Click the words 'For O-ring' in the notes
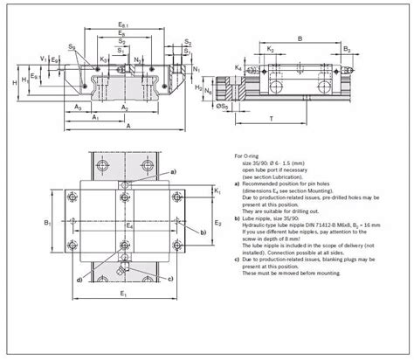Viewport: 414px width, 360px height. (248, 153)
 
